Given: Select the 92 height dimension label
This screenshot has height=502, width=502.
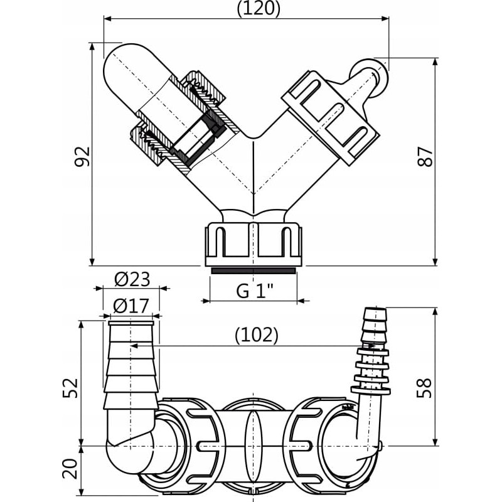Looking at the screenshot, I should click(82, 156).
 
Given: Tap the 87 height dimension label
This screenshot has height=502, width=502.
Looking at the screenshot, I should click(426, 156).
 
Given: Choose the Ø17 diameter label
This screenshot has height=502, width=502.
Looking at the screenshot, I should click(132, 306).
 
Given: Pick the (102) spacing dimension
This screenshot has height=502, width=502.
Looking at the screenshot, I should click(256, 335).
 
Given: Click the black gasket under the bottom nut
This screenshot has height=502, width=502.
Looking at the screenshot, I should click(253, 270).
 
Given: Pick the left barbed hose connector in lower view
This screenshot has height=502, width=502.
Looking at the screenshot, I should click(131, 364).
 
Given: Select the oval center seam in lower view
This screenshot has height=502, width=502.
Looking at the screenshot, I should click(252, 446).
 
